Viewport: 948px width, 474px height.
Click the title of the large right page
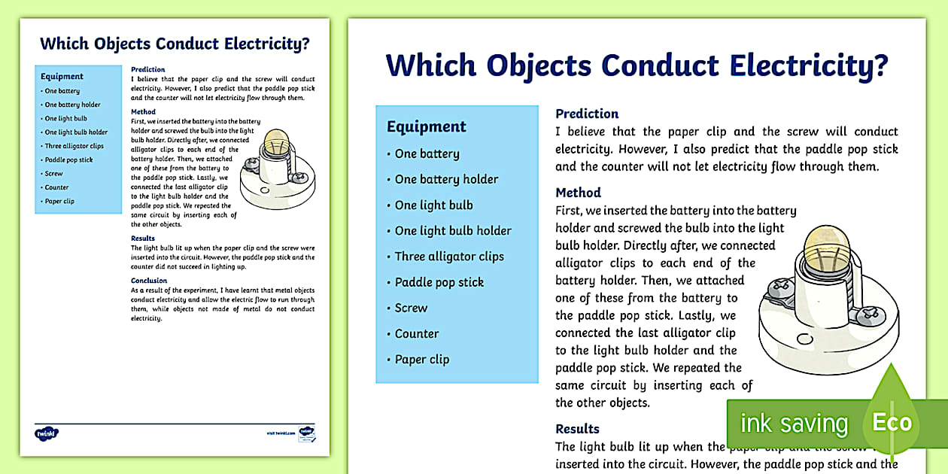coord(637,66)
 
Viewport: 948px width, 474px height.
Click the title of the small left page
coord(175,44)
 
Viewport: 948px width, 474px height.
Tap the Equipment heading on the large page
coord(427,126)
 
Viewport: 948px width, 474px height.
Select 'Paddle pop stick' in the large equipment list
coord(439,282)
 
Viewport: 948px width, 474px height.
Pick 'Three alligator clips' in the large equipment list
coord(449,257)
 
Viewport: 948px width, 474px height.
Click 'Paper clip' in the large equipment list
coord(422,360)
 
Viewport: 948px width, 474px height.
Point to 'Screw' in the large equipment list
coord(411,308)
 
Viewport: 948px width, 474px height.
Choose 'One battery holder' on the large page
coord(446,179)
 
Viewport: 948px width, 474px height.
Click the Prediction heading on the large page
coord(587,114)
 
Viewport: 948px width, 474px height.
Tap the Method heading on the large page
coord(578,193)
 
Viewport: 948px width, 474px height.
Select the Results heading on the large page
coord(577,429)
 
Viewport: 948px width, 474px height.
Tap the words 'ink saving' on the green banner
coord(794,424)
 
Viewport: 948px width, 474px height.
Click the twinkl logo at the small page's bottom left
coord(47,433)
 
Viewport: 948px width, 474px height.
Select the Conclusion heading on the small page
coord(149,281)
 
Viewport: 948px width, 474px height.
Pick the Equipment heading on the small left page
coord(62,77)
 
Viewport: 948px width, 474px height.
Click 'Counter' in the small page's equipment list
coord(56,187)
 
